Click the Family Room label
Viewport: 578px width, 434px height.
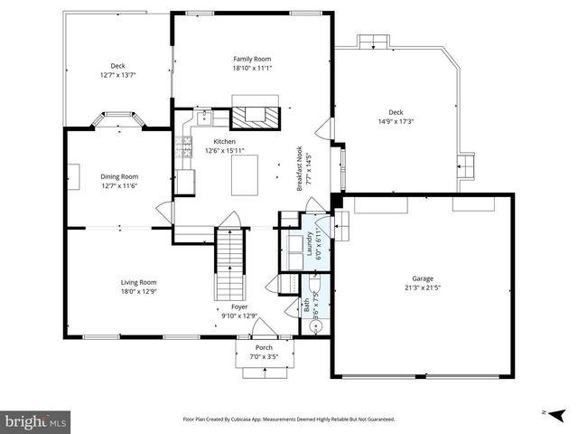252,59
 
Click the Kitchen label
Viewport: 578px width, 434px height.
224,142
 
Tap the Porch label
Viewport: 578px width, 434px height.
264,348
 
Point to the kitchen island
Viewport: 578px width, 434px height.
249,175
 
